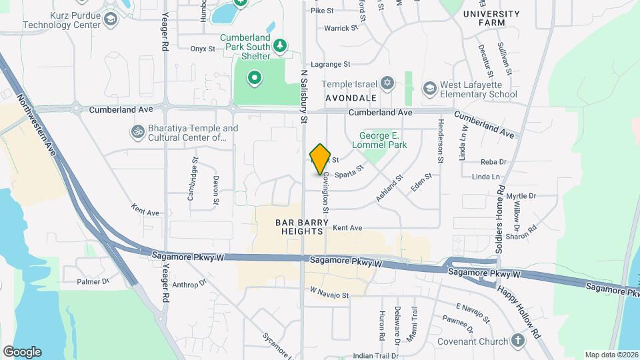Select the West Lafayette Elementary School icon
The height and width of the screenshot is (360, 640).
[x=430, y=89]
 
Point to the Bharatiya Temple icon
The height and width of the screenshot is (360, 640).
[x=137, y=131]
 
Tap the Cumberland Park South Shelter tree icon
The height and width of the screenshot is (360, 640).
[x=281, y=45]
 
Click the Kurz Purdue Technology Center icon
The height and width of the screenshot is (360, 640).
[x=110, y=19]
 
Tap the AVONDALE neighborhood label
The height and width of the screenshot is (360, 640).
[x=351, y=97]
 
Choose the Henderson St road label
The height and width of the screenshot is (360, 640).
[x=441, y=141]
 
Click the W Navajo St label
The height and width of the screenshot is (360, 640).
[x=329, y=294]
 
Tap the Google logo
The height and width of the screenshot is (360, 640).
[x=22, y=351]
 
